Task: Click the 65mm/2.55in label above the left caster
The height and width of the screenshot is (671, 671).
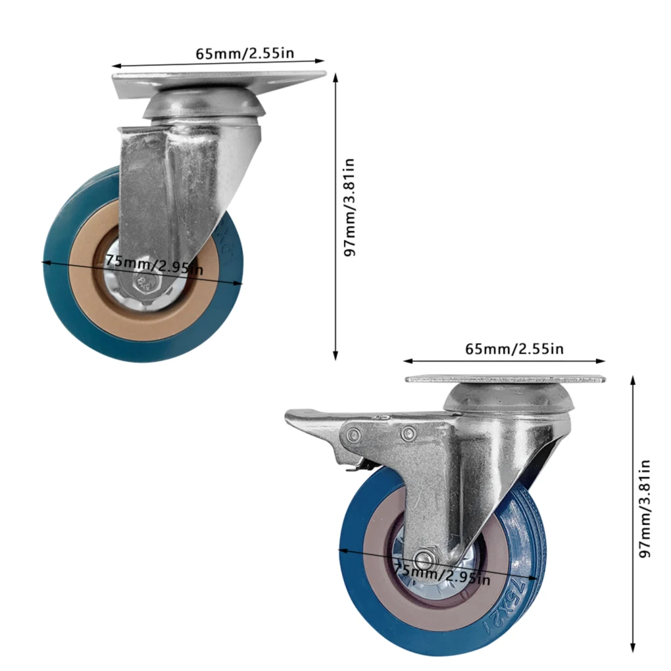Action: [x=245, y=53]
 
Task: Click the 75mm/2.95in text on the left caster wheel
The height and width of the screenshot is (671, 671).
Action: [x=155, y=263]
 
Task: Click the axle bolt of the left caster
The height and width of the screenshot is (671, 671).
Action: [x=143, y=283]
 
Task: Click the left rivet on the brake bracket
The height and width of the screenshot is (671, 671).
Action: [x=354, y=434]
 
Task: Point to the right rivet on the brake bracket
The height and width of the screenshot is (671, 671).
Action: [x=408, y=432]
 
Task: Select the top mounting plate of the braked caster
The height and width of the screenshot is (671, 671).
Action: [x=505, y=379]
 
